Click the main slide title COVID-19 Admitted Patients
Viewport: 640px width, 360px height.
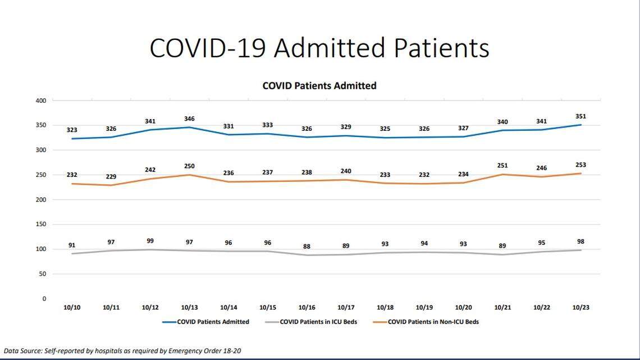click(x=319, y=48)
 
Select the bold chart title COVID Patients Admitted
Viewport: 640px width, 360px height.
click(x=319, y=86)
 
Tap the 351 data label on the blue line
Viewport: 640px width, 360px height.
click(x=580, y=117)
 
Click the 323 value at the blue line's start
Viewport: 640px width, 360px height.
click(x=71, y=130)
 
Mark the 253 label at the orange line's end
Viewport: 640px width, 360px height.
click(x=580, y=165)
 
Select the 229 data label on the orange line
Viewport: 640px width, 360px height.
click(x=111, y=176)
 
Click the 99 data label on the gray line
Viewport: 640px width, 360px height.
click(x=150, y=241)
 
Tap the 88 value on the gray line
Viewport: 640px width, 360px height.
click(x=307, y=247)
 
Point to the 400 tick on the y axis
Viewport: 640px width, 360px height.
click(x=40, y=101)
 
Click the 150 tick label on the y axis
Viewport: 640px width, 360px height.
click(x=40, y=225)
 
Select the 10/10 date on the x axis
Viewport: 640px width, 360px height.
click(x=71, y=308)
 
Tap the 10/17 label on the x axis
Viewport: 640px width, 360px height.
click(x=346, y=308)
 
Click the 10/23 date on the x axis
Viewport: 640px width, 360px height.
click(x=580, y=308)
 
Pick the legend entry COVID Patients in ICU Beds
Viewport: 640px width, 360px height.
click(x=318, y=322)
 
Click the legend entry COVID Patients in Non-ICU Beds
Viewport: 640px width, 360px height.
click(x=433, y=322)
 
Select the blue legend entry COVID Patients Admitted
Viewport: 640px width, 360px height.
click(x=213, y=322)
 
